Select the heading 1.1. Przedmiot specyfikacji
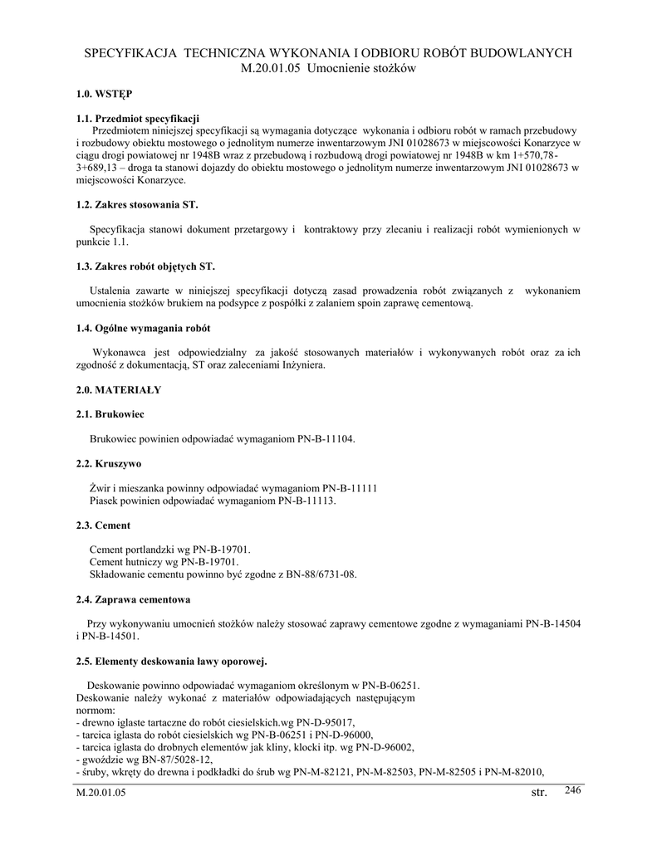[137, 119]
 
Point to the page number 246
[572, 789]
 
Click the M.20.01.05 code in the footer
[101, 794]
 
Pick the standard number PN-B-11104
[326, 438]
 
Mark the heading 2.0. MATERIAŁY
[118, 388]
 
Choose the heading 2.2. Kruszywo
[108, 465]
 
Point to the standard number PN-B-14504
[553, 623]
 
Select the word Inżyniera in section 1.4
[299, 364]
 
